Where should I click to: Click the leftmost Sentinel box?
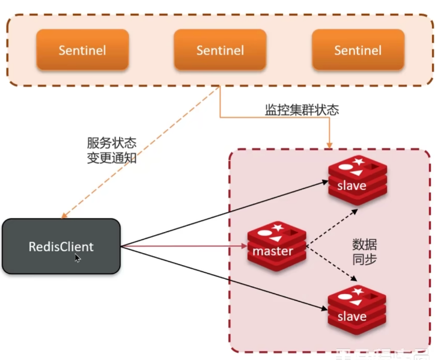click(x=82, y=50)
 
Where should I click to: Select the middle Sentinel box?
click(x=219, y=50)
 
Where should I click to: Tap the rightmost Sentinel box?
click(x=357, y=50)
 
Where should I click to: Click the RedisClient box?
click(x=61, y=246)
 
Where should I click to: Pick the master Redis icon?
click(x=277, y=246)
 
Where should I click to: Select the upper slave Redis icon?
click(x=356, y=180)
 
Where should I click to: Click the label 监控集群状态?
click(x=302, y=110)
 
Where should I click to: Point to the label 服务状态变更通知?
click(x=112, y=150)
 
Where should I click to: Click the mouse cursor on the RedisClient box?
click(x=78, y=258)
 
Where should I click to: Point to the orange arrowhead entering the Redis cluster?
click(x=329, y=144)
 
